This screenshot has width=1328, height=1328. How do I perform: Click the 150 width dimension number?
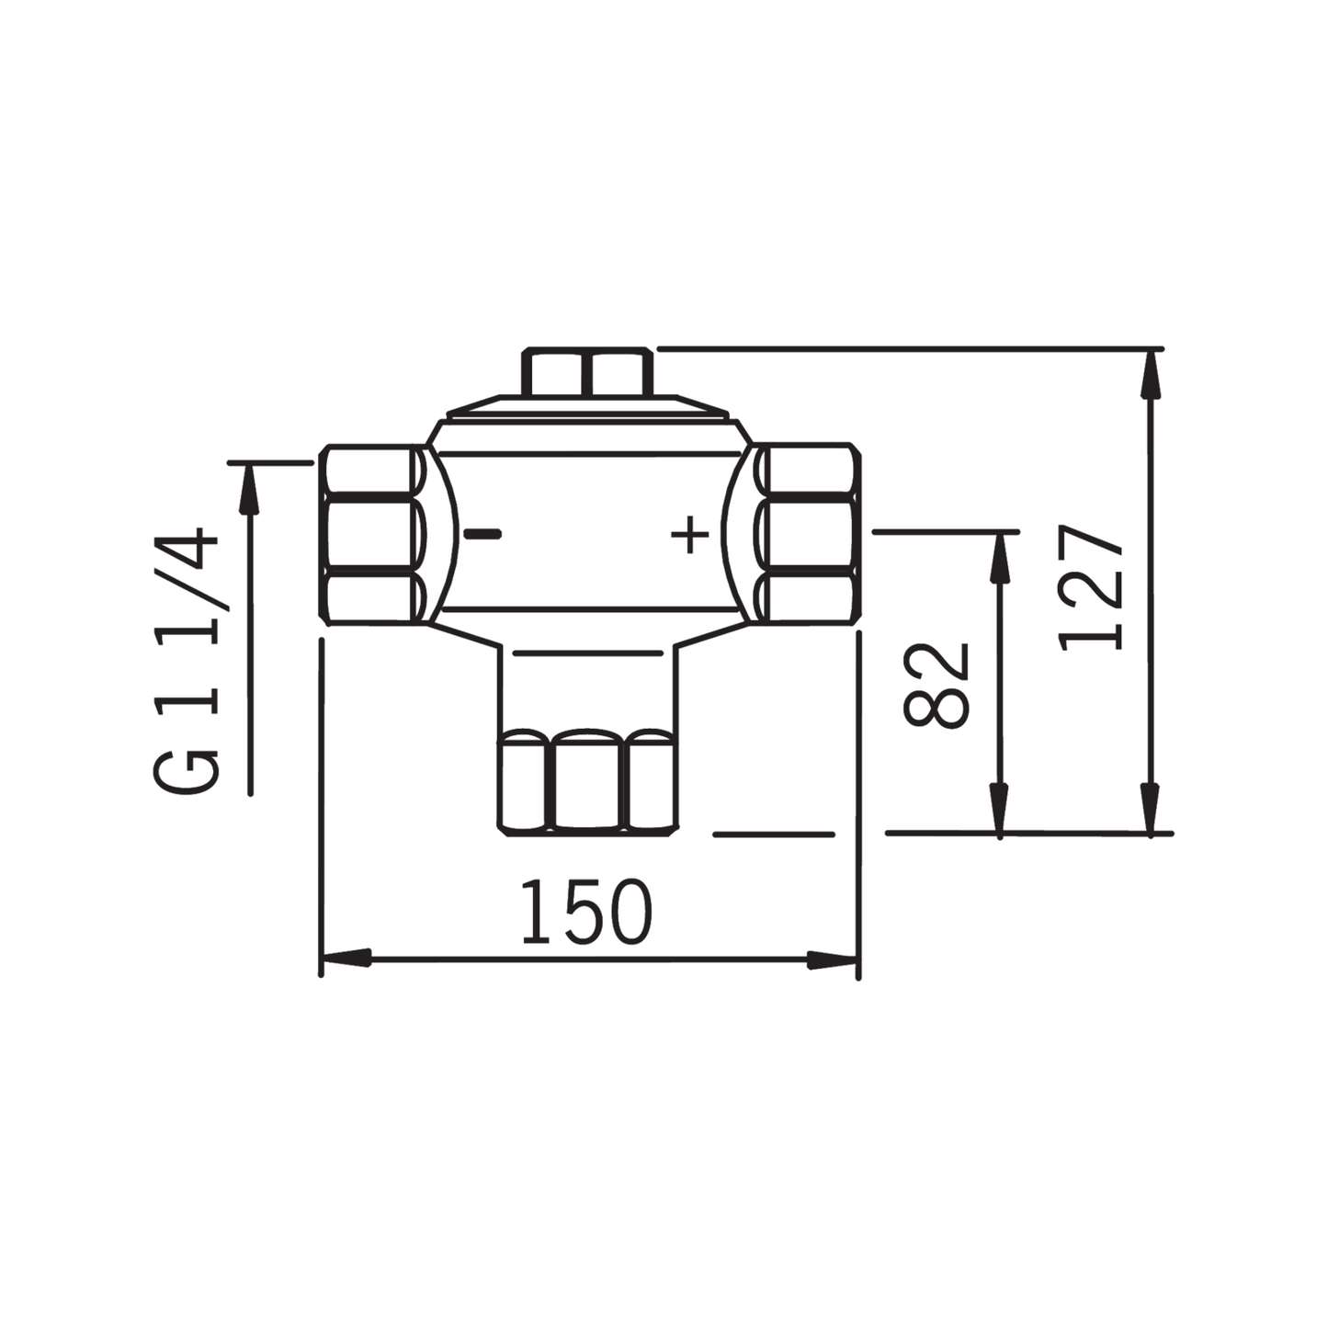pyautogui.click(x=585, y=913)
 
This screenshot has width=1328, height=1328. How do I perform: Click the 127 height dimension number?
pyautogui.click(x=1092, y=589)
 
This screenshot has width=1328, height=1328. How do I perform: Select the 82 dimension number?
pyautogui.click(x=937, y=685)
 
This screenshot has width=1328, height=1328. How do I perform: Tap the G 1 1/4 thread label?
pyautogui.click(x=187, y=660)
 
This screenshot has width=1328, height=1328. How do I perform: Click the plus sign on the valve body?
pyautogui.click(x=689, y=535)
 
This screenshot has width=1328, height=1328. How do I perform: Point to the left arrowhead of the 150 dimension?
pyautogui.click(x=345, y=959)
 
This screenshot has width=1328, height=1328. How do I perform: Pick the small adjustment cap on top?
pyautogui.click(x=588, y=371)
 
